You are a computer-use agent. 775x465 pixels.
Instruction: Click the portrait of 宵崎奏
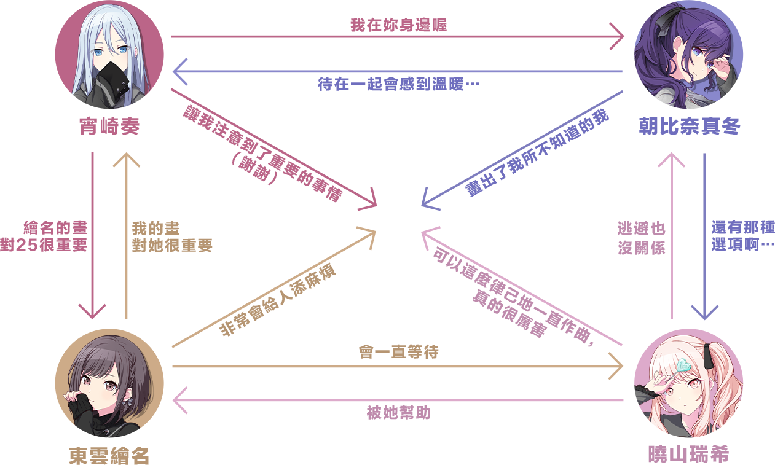click(x=109, y=55)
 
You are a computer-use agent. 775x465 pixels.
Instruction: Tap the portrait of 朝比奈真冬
click(x=688, y=55)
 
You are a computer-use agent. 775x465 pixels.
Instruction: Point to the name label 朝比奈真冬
click(x=688, y=127)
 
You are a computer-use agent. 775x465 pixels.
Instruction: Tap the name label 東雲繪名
click(x=109, y=455)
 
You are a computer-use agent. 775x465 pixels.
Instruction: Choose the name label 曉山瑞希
click(x=688, y=455)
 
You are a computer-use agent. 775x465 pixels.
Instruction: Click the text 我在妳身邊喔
click(x=398, y=25)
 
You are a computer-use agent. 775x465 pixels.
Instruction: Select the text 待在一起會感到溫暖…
click(x=398, y=84)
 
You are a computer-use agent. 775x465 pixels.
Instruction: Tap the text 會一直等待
click(x=398, y=352)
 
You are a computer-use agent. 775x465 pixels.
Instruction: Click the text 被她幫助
click(x=398, y=413)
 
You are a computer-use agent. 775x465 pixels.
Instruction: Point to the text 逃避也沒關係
click(x=642, y=238)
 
